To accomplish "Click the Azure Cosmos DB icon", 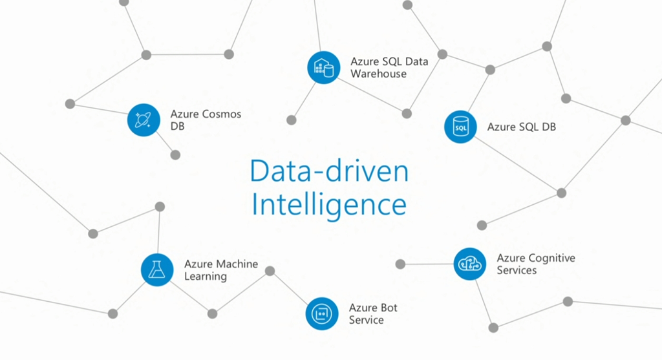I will (144, 120).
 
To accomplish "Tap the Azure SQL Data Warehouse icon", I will (324, 67).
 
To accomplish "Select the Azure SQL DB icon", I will (460, 127).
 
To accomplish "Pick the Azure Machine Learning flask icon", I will (157, 270).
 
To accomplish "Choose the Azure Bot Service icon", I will (321, 313).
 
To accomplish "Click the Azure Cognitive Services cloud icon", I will (470, 264).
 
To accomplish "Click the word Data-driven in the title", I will (329, 173).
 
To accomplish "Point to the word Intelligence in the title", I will (329, 204).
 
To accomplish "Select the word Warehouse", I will (379, 74).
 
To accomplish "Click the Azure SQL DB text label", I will (521, 127).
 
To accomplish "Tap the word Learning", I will (206, 277).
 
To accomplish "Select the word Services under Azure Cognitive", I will (517, 270).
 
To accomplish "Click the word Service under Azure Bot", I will (366, 320).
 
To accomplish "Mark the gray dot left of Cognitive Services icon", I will (400, 264).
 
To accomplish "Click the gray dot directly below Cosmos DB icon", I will (175, 155).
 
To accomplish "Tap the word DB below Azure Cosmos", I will (177, 127).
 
